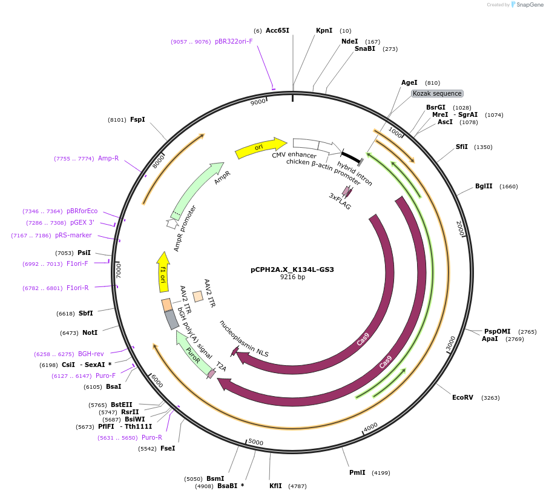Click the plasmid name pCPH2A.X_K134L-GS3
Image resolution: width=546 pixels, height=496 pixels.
tap(292, 269)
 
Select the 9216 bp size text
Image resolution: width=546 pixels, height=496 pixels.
tap(292, 277)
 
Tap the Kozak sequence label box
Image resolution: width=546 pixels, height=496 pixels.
tap(437, 93)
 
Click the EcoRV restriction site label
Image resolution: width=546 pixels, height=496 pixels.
tap(463, 397)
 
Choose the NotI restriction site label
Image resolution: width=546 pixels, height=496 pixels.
tap(90, 332)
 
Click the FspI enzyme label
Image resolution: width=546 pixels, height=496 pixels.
tap(137, 119)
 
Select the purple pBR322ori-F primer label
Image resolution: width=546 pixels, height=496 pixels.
tap(234, 42)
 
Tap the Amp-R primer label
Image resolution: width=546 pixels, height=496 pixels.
tap(108, 158)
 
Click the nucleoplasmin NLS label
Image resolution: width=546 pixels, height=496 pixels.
tap(244, 338)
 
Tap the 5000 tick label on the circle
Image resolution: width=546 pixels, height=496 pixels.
tap(256, 442)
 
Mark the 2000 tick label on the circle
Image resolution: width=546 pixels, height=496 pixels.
tap(459, 229)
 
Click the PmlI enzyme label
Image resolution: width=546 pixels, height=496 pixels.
tap(357, 472)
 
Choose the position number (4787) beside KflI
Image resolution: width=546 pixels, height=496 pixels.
tap(297, 486)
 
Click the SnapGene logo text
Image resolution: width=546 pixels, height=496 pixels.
tap(530, 5)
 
